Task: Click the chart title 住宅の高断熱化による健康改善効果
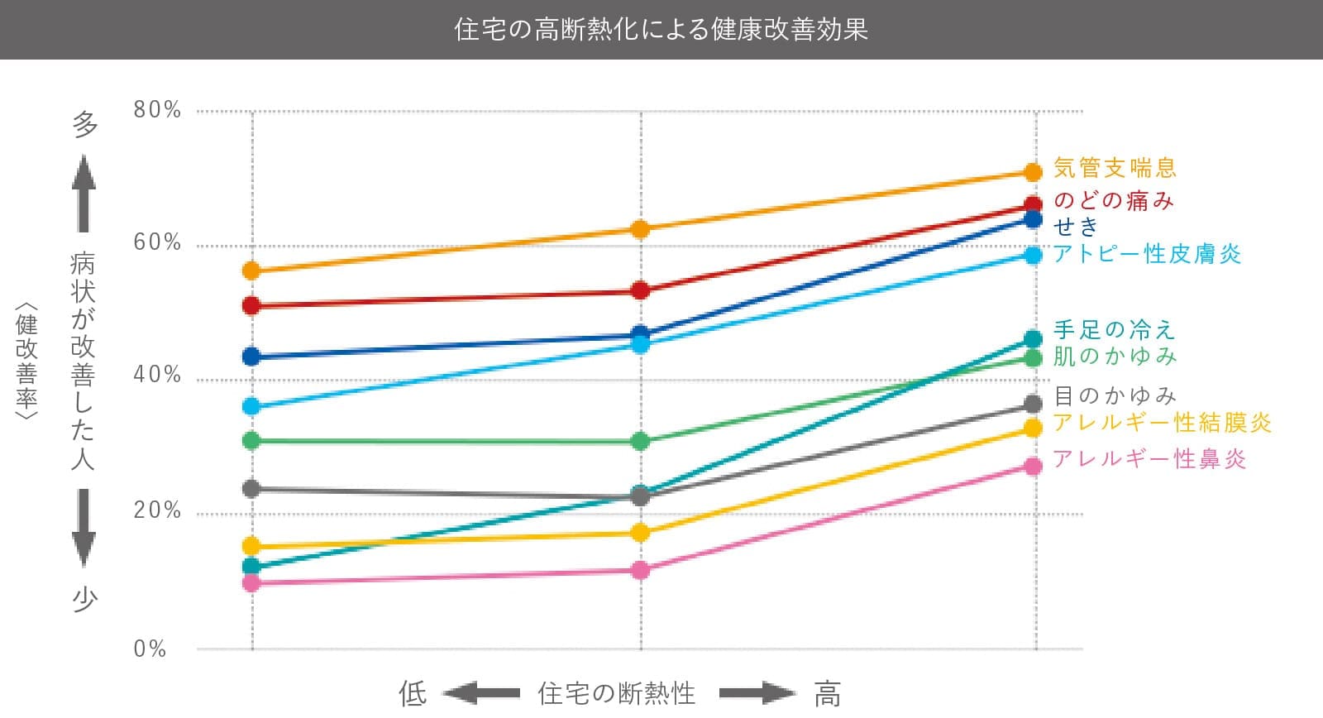point(661,30)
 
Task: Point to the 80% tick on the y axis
point(157,110)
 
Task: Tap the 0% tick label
point(150,649)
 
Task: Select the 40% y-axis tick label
point(157,376)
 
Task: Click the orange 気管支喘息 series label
point(1115,169)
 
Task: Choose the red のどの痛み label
point(1113,201)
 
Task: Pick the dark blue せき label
point(1076,226)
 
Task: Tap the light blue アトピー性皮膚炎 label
point(1147,254)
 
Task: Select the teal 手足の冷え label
point(1114,330)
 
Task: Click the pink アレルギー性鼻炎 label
point(1149,459)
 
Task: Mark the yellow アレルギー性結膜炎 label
point(1162,423)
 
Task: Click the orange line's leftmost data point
point(251,271)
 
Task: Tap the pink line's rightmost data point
point(1033,467)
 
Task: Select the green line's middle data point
point(640,442)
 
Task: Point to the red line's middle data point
point(640,291)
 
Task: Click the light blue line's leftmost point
point(251,407)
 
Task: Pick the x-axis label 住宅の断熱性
point(617,693)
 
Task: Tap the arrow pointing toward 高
point(756,693)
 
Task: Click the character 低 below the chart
point(413,693)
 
